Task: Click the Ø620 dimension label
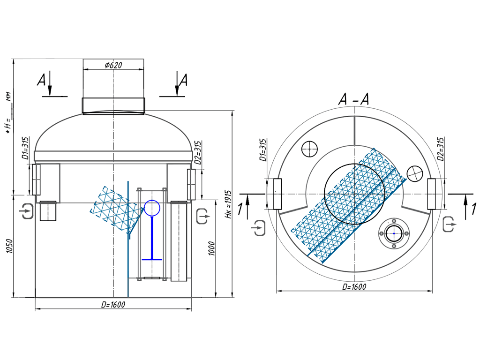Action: (x=113, y=65)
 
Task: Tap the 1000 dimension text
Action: (x=211, y=248)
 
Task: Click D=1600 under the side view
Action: (x=113, y=305)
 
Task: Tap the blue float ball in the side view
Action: (x=152, y=207)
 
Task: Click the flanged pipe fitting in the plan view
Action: (x=394, y=233)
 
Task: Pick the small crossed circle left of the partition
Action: (x=310, y=150)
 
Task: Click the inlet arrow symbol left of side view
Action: (x=26, y=211)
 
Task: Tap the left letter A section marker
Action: (x=42, y=81)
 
